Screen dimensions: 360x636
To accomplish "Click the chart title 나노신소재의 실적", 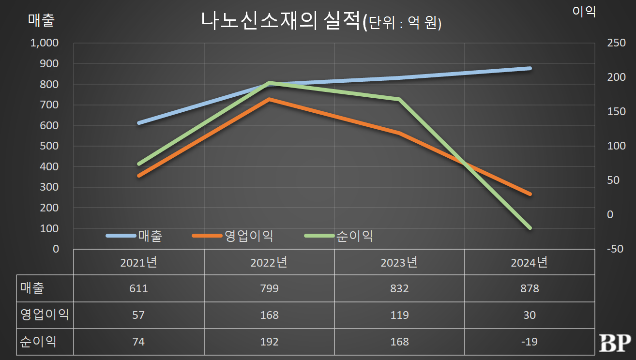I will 281,22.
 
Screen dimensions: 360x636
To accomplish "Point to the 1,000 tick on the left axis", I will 45,43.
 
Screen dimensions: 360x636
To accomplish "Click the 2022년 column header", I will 269,262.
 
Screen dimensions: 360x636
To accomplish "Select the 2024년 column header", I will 529,262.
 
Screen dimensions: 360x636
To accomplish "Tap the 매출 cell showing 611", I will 138,288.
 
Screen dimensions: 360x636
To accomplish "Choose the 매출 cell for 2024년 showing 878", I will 530,288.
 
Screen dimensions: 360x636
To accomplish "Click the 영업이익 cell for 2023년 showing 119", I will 399,315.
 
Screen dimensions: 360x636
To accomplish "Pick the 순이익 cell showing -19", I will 530,342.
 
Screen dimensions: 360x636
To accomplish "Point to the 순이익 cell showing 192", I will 269,342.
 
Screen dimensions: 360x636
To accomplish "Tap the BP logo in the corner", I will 615,343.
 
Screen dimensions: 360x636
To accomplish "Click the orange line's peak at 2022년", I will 269,99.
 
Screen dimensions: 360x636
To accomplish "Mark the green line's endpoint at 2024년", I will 530,228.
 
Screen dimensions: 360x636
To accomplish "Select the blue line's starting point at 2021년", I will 139,123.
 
